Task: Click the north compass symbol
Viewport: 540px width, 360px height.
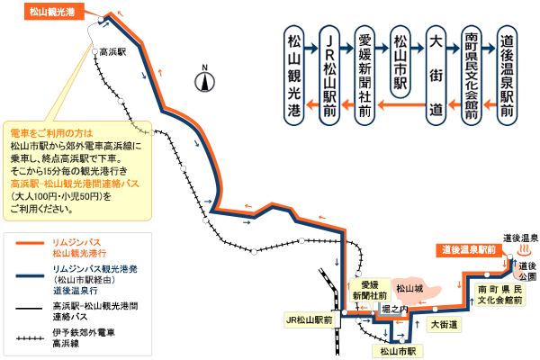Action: coord(205,80)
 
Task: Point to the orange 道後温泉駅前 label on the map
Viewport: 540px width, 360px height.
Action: coord(468,249)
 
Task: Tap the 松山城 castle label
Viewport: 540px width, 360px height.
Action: coord(412,289)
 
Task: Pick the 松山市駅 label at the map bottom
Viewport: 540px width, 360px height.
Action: coord(397,352)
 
